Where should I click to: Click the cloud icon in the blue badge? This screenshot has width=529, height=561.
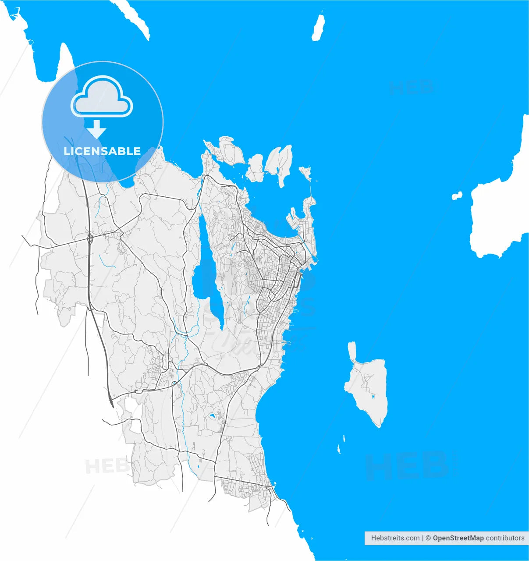102,98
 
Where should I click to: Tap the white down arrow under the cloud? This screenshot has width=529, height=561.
96,130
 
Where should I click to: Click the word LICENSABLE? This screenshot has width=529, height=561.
102,151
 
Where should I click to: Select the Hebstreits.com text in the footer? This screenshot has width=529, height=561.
395,538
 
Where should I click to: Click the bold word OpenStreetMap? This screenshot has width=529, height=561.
458,538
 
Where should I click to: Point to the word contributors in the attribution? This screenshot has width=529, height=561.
505,538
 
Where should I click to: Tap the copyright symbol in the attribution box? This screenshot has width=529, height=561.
428,538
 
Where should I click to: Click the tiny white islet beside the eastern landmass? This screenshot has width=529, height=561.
457,196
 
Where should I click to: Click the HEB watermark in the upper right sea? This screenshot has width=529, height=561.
411,88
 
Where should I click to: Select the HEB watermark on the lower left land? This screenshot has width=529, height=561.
105,466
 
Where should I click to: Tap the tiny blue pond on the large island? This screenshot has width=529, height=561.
373,397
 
